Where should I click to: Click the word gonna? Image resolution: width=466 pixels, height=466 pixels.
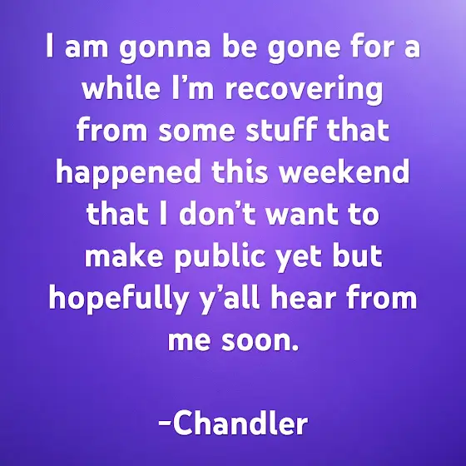(165, 48)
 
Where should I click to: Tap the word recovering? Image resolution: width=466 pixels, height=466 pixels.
(304, 90)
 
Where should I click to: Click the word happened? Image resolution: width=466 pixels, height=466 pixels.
(128, 173)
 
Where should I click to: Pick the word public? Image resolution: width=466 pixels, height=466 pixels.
(220, 257)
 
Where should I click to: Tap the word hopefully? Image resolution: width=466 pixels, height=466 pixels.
(118, 299)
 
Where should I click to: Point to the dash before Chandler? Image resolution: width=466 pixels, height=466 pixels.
(165, 423)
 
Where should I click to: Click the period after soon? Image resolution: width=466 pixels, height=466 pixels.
(295, 347)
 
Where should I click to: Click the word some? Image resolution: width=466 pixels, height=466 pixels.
(196, 131)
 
